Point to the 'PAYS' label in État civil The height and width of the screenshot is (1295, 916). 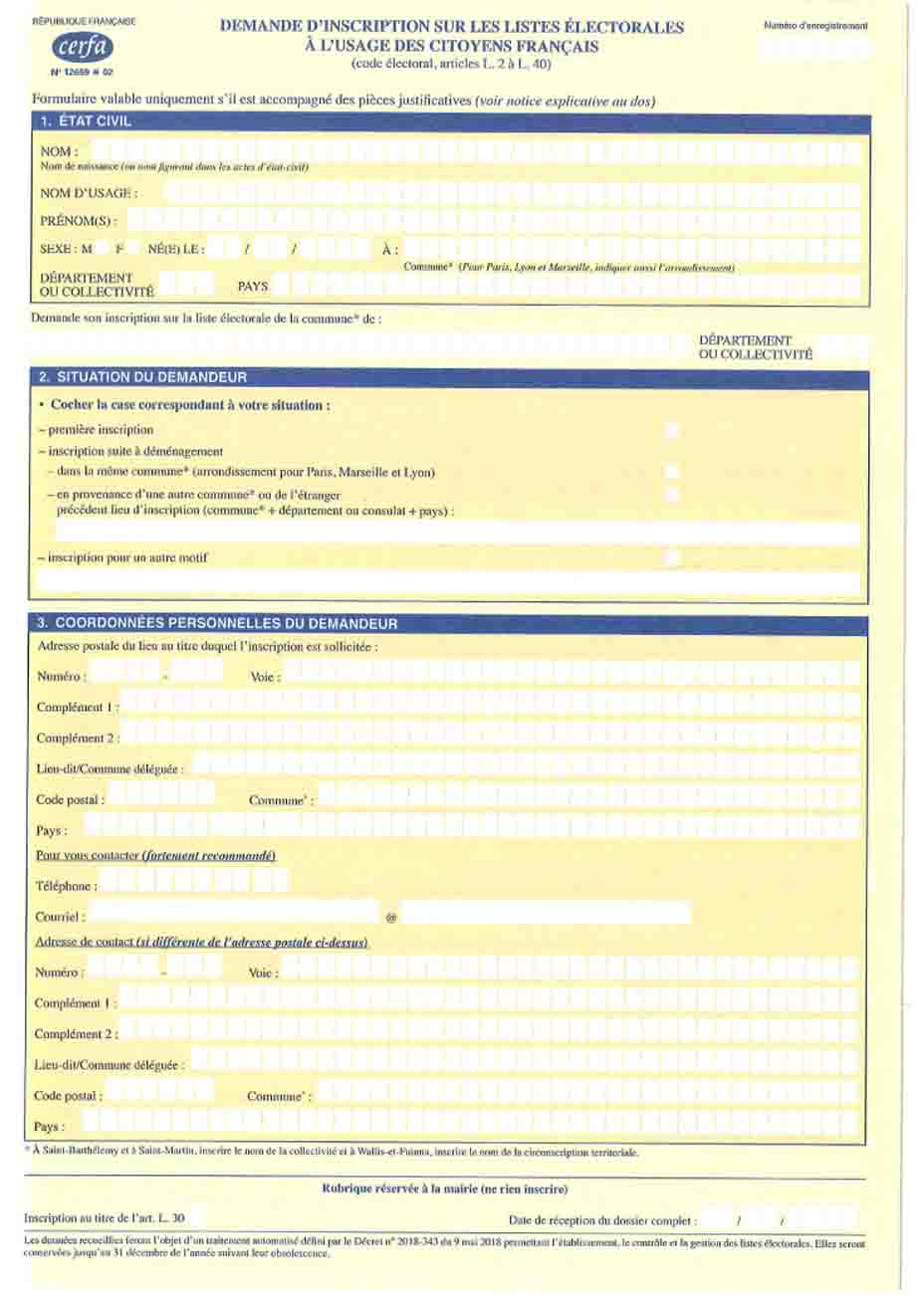pos(253,286)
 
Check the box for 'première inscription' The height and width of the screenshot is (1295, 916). pos(673,430)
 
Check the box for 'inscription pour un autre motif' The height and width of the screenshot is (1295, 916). pos(673,558)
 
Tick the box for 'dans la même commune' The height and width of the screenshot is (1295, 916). pos(673,471)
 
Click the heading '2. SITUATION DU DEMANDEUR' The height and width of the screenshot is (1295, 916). pos(141,378)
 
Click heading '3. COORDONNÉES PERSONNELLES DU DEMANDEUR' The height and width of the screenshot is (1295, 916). pos(217,624)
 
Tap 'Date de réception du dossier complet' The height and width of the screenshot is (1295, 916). pos(602,1219)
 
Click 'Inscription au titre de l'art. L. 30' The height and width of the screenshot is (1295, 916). pos(103,1217)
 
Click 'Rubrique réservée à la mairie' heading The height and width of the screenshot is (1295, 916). pos(445,1188)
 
